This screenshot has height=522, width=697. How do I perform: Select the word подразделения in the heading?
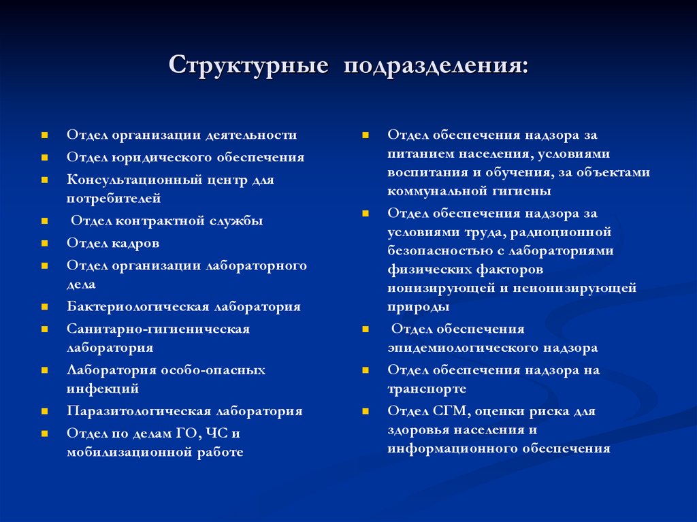[436, 67]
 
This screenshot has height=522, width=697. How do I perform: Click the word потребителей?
[114, 199]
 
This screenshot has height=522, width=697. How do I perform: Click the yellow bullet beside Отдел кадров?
[44, 243]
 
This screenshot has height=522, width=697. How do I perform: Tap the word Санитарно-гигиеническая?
[158, 329]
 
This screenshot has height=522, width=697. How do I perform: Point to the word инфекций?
[103, 389]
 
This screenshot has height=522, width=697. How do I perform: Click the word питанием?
[418, 154]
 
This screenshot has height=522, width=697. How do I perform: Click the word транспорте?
[427, 389]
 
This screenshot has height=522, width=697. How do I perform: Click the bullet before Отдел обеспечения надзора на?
[366, 371]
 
